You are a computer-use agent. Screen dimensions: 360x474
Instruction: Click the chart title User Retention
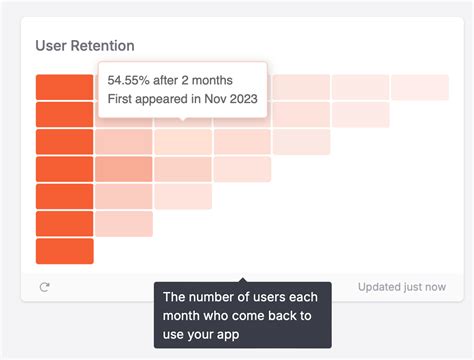coord(85,46)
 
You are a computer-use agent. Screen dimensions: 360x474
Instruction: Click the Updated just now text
coord(402,287)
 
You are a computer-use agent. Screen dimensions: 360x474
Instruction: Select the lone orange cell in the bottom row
coord(64,251)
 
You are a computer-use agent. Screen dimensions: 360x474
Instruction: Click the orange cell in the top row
coord(64,87)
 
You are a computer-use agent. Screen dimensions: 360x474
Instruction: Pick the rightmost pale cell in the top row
coord(420,87)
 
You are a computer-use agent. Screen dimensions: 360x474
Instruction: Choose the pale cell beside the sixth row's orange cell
coord(124,224)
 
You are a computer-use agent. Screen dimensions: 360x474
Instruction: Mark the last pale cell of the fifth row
coord(183,196)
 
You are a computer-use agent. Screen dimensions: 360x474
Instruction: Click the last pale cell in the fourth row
coord(242,169)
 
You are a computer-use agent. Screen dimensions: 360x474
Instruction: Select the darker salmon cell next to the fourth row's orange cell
coord(124,169)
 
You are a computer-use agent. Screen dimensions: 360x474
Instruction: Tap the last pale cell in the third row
coord(301,142)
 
